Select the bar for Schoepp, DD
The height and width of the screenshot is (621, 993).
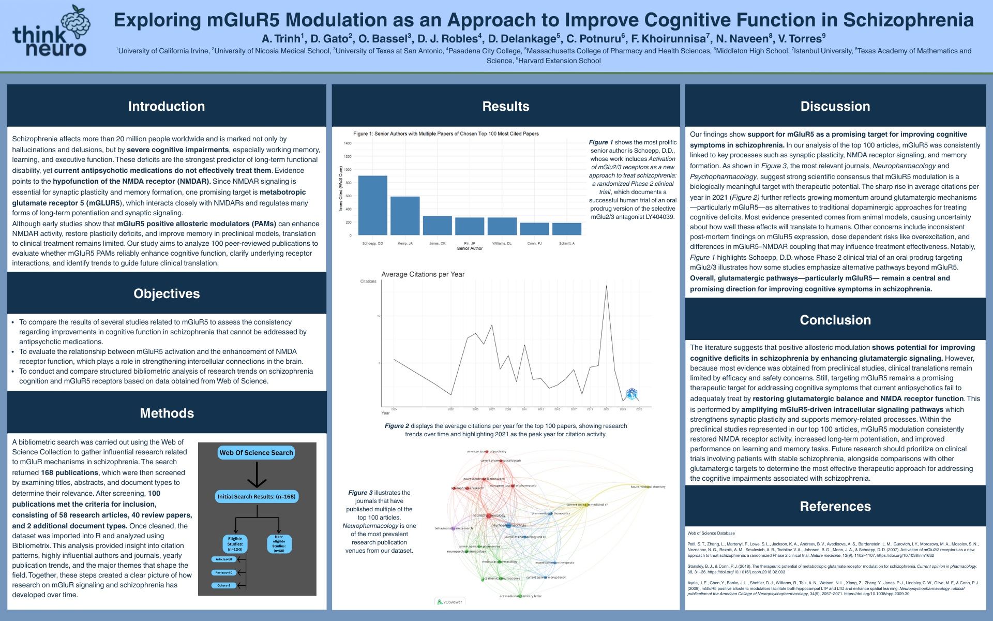tap(372, 205)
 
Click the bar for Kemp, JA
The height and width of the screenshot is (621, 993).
tap(405, 216)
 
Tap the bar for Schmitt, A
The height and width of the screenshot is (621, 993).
tap(567, 229)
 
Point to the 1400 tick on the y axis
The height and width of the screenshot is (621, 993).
tap(348, 143)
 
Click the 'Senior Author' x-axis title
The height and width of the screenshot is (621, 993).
tap(470, 248)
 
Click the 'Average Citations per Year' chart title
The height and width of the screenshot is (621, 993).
tap(423, 274)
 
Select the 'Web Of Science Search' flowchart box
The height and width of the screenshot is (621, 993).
tap(256, 452)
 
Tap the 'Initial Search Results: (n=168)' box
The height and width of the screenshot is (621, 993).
tap(257, 496)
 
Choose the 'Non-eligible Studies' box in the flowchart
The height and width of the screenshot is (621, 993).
tap(279, 544)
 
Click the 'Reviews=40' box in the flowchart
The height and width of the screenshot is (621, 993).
tap(224, 572)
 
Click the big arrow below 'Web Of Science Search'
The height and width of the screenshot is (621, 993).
tap(257, 475)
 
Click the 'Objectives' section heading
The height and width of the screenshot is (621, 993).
tap(167, 293)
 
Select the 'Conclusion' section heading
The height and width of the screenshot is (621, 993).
tap(835, 320)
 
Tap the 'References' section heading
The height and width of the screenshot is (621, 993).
tap(835, 506)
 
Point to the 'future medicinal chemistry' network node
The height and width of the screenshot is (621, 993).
tap(648, 487)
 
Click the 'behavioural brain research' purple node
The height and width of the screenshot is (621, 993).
tap(453, 528)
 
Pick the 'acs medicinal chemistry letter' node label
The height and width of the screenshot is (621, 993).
tap(520, 596)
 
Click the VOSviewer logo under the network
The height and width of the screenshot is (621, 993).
tap(449, 602)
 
